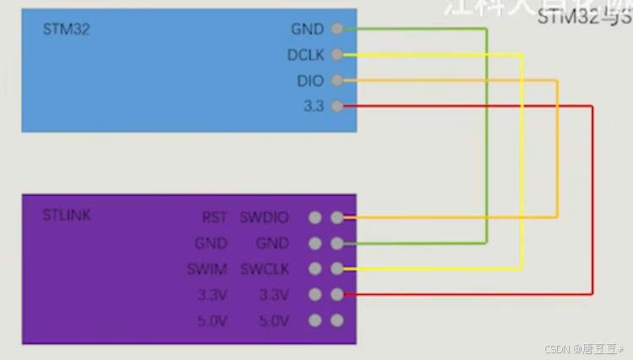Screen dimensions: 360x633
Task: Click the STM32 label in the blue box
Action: (x=66, y=30)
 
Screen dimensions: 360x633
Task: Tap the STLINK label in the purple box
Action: (x=67, y=215)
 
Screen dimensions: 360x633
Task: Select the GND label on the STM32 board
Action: (x=307, y=29)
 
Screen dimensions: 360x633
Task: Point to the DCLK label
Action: (x=305, y=55)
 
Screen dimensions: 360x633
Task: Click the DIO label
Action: (x=310, y=81)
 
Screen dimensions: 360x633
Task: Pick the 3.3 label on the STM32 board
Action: (x=313, y=106)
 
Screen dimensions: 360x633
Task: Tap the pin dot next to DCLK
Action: (x=337, y=55)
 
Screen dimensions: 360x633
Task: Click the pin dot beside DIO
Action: (x=337, y=81)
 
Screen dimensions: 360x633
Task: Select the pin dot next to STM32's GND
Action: (x=337, y=29)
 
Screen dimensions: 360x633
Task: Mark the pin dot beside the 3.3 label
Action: (x=337, y=106)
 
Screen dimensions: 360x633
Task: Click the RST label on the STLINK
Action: (x=215, y=218)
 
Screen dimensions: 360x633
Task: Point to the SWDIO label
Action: (x=264, y=218)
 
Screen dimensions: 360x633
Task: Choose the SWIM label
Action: (x=207, y=270)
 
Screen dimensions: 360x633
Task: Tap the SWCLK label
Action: (x=264, y=270)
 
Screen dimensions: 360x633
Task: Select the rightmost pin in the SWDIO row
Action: (x=337, y=218)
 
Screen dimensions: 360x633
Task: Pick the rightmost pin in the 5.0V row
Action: (x=337, y=321)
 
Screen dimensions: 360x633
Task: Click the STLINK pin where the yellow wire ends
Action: (x=337, y=270)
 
